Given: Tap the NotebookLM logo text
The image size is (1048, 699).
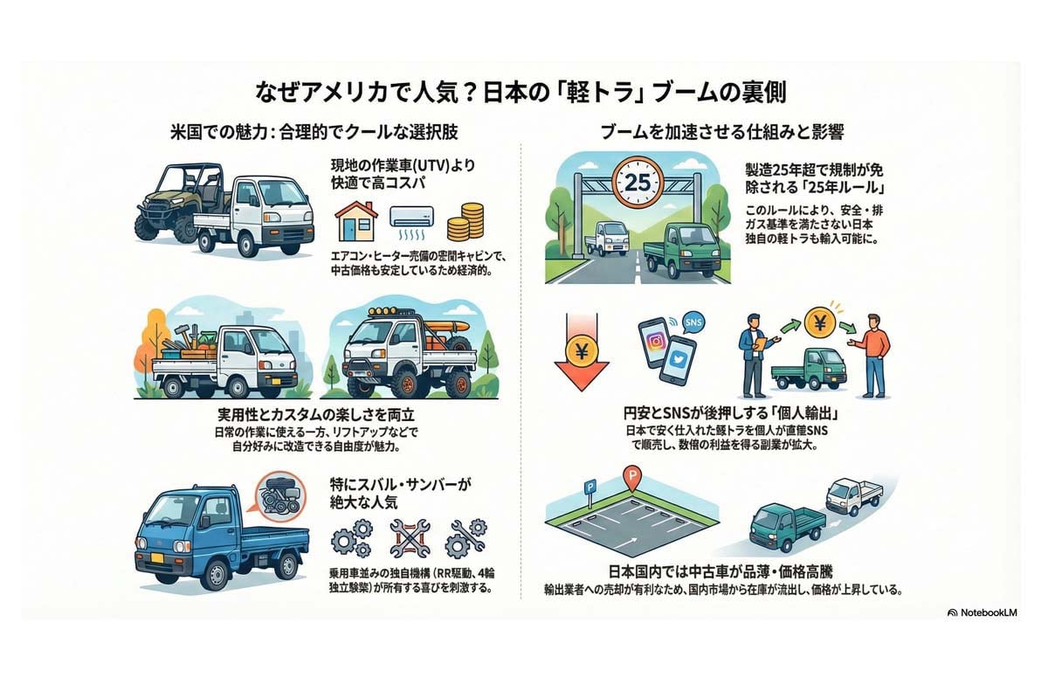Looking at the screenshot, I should pyautogui.click(x=989, y=612).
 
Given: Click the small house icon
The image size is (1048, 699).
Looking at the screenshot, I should pyautogui.click(x=356, y=222).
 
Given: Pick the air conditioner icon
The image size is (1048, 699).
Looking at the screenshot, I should pyautogui.click(x=410, y=218).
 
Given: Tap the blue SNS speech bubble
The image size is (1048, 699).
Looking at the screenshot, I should pyautogui.click(x=694, y=322).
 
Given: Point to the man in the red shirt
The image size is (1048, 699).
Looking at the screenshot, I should pyautogui.click(x=872, y=353).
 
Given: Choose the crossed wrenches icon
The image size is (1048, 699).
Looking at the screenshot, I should pyautogui.click(x=405, y=539).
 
